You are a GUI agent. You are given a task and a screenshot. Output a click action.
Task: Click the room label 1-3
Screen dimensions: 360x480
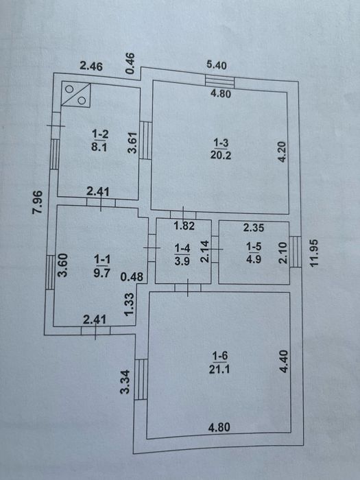[221, 143]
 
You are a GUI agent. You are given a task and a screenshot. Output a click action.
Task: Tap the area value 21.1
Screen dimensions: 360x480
[219, 370]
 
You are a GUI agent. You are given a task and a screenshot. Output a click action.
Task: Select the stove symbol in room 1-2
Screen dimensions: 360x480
[76, 95]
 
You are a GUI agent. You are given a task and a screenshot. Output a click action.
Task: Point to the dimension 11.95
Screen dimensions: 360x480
[314, 253]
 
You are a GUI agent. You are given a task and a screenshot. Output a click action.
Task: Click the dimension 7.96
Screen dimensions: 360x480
[38, 202]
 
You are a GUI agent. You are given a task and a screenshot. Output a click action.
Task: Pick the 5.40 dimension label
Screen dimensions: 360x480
[217, 66]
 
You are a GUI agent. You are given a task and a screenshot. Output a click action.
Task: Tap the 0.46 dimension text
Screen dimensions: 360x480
[130, 63]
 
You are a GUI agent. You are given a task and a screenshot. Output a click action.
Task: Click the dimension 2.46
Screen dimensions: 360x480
[91, 66]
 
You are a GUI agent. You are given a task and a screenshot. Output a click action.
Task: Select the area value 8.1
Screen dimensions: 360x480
[99, 147]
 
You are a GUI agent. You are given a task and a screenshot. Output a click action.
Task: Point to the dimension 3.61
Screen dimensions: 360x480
[132, 143]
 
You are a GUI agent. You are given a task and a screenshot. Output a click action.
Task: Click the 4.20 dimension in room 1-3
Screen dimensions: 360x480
[282, 152]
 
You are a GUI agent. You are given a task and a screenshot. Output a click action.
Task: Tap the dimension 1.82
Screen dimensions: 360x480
[184, 226]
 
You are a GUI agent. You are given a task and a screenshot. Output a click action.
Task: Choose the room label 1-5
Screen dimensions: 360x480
[254, 246]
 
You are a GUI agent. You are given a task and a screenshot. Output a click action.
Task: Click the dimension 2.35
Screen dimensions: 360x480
[254, 228]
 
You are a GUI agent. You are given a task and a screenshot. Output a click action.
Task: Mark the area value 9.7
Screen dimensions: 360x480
[102, 272]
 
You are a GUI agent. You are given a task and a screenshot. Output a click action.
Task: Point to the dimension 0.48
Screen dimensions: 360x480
[132, 277]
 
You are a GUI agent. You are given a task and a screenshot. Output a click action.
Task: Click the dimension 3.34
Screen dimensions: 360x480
[125, 382]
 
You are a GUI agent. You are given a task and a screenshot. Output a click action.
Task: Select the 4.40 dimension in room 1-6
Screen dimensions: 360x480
[284, 361]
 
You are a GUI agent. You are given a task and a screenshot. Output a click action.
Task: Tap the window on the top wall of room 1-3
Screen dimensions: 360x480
[219, 81]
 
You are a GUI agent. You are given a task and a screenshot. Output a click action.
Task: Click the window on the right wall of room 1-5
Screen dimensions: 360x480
[296, 252]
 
